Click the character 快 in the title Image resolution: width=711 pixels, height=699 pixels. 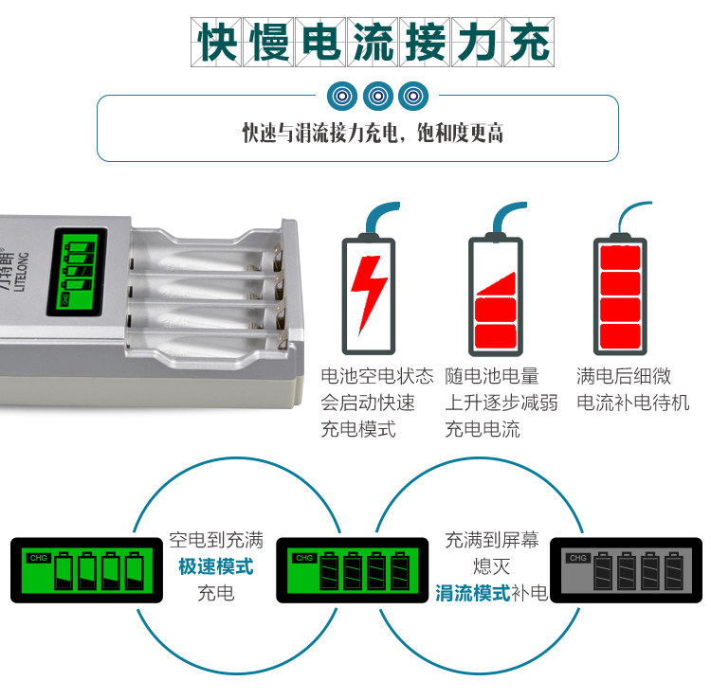point(216,43)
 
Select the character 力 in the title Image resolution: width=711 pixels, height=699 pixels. point(476,43)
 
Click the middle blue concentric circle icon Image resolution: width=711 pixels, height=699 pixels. point(377,95)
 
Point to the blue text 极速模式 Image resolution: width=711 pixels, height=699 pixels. point(216,567)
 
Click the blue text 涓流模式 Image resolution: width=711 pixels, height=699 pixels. point(472,594)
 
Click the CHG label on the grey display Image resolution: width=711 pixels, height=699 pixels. point(577,558)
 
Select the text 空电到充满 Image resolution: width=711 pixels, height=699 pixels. point(216,541)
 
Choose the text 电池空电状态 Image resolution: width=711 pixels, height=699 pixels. point(376,376)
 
